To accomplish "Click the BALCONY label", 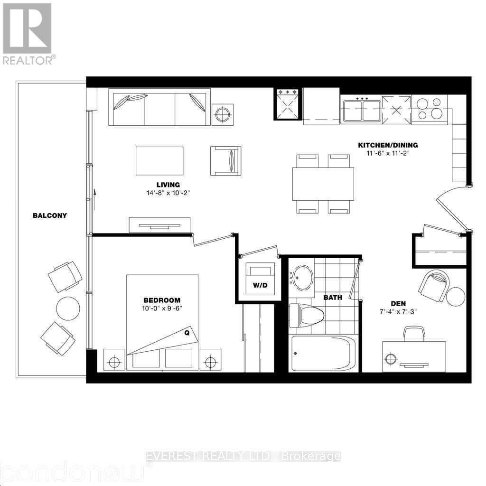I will tap(50, 215).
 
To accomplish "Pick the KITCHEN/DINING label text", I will tap(387, 145).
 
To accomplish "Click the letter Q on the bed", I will tap(187, 333).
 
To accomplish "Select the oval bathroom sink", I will tap(301, 276).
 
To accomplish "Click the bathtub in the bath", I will tap(321, 354).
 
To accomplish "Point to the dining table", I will tap(323, 184).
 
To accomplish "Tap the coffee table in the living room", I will tap(159, 161).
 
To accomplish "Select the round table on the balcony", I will tap(68, 309).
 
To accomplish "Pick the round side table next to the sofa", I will tap(222, 114).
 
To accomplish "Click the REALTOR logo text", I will tap(28, 60).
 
